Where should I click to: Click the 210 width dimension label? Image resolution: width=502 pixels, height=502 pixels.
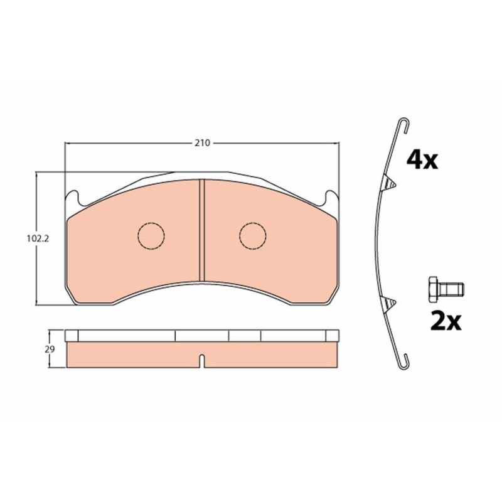point(203,143)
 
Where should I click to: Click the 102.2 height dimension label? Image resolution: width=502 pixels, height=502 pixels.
point(38,238)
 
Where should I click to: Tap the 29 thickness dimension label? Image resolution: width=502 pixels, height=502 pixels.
point(50,350)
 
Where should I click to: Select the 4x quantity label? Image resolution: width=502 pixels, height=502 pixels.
point(422,161)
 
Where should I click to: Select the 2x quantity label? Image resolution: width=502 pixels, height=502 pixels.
point(446,322)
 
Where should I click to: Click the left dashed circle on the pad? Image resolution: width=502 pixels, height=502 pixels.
point(151,236)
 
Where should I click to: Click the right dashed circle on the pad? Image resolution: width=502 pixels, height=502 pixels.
point(253,236)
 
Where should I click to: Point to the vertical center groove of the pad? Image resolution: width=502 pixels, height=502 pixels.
point(202,230)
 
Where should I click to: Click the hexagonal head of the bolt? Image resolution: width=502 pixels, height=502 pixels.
point(434,290)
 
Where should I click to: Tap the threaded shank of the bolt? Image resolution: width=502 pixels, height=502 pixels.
point(452,290)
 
